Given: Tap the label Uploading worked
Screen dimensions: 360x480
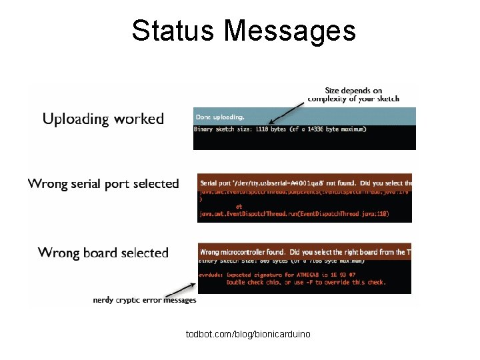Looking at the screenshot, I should click(x=103, y=119).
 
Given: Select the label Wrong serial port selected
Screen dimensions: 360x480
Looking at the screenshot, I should click(x=103, y=183).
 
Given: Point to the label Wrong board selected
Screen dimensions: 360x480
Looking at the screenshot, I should click(x=103, y=253).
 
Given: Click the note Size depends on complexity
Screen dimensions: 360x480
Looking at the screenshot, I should click(x=353, y=95).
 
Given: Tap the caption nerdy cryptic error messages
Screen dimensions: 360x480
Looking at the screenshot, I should click(x=145, y=300).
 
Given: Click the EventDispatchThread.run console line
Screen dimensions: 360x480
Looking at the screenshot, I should click(x=294, y=214).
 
